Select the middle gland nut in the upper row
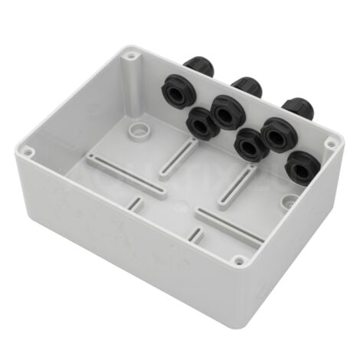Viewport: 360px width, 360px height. [x=226, y=111]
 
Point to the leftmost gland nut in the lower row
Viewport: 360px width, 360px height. [x=201, y=122]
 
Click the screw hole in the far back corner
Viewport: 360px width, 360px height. [x=133, y=56]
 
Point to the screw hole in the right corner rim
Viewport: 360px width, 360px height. [x=330, y=143]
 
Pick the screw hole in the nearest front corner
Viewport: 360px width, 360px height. [x=240, y=261]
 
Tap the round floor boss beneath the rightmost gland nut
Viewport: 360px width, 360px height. [x=290, y=203]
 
